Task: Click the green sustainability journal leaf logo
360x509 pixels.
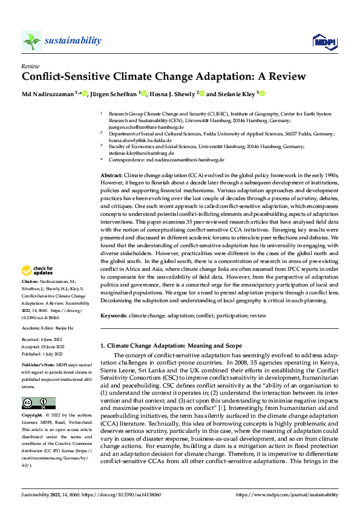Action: tap(32, 41)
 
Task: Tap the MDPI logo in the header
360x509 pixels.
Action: tap(324, 41)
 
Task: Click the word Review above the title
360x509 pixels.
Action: tap(30, 66)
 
